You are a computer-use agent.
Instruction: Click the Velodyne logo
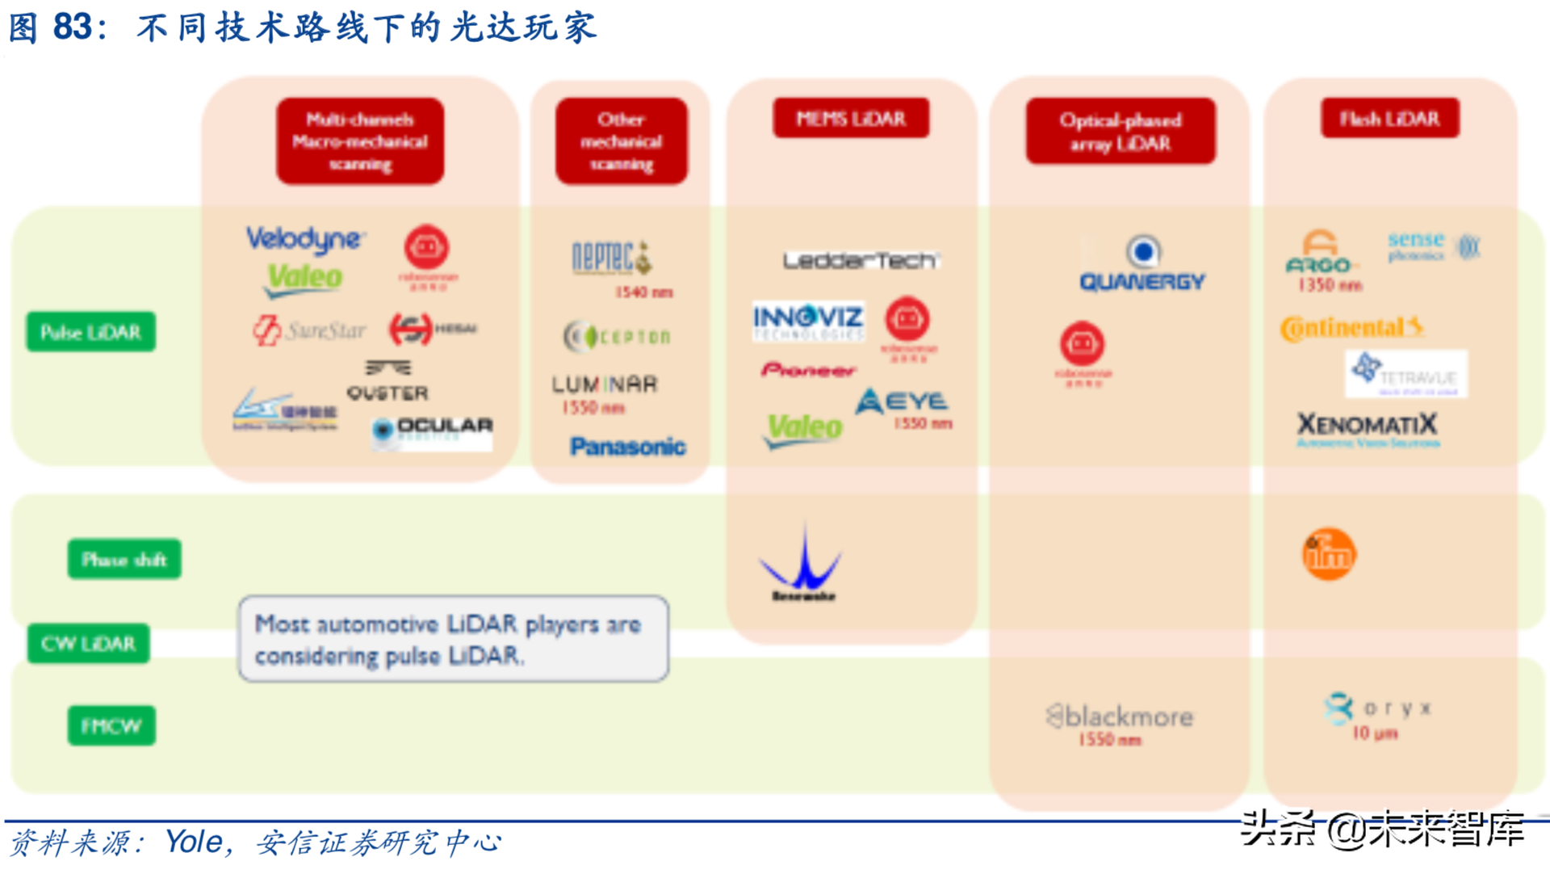[305, 238]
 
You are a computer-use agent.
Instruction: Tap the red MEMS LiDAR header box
[851, 119]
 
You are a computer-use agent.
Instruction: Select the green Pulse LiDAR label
[91, 332]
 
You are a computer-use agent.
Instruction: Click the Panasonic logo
[627, 447]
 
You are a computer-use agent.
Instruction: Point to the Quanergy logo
[1142, 267]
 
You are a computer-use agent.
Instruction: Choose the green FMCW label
[111, 725]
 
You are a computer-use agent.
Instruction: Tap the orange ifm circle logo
[1329, 554]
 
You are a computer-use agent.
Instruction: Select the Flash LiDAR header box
[1389, 119]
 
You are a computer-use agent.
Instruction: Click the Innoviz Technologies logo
[808, 321]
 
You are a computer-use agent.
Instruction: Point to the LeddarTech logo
[861, 260]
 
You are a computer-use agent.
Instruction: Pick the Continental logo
[1351, 328]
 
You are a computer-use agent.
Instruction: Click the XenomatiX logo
[1368, 426]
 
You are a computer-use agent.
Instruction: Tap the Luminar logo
[605, 384]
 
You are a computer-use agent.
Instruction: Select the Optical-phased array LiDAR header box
[1121, 132]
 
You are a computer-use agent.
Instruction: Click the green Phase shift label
[124, 559]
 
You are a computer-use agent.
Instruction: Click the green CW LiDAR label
[89, 644]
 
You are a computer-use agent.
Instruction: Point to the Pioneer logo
[808, 370]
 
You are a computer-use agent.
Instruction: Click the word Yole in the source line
[194, 842]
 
